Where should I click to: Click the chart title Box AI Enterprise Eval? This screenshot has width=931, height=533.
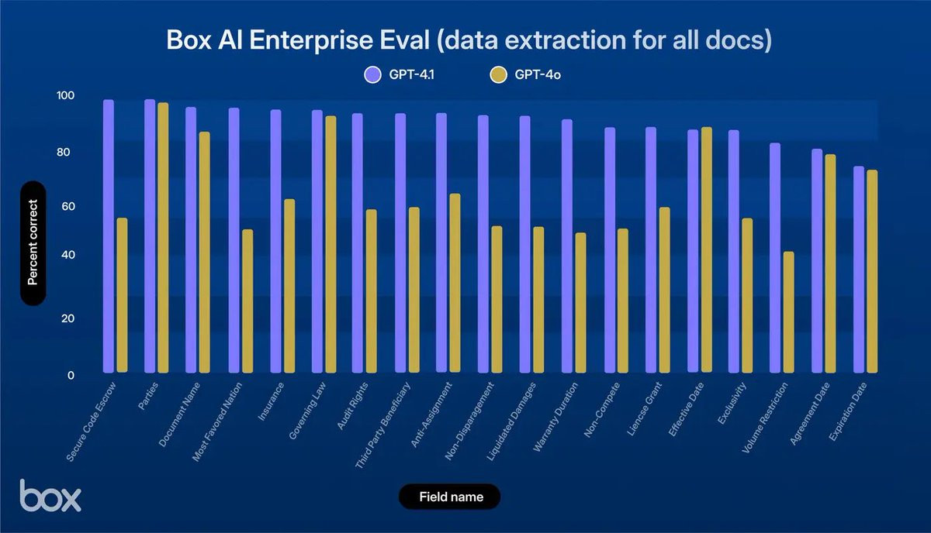click(469, 40)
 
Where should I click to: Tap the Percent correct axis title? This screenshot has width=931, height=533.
click(33, 242)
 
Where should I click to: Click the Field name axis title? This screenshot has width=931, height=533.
click(450, 497)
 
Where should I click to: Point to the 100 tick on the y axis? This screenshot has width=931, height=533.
click(65, 95)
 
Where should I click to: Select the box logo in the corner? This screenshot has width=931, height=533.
click(50, 496)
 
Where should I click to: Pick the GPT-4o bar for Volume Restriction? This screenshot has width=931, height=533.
click(788, 311)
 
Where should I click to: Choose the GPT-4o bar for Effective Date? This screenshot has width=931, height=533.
click(706, 249)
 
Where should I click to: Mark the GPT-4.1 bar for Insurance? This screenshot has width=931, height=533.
click(275, 241)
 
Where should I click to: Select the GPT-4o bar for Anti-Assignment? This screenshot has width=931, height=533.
click(455, 283)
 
